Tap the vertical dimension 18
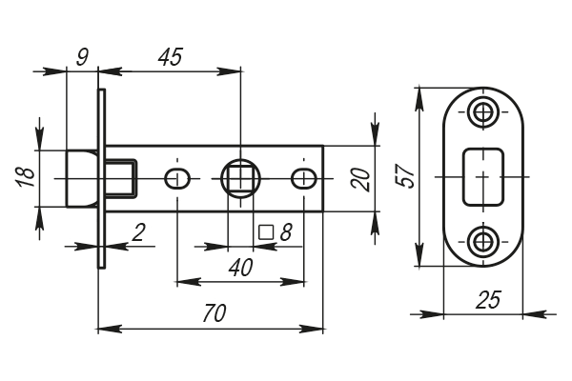tap(26, 176)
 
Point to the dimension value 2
tap(138, 231)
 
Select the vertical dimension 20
tap(359, 177)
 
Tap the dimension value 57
tap(405, 176)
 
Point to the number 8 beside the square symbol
tap(284, 231)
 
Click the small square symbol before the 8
tap(266, 231)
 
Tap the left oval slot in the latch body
tap(176, 177)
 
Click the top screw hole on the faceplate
tap(483, 111)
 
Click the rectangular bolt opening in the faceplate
tap(483, 176)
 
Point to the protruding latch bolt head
tap(80, 177)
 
